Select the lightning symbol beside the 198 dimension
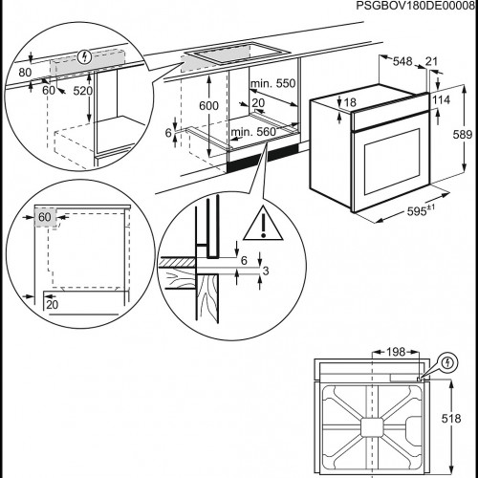pyautogui.click(x=450, y=363)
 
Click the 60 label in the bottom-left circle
pyautogui.click(x=45, y=217)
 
